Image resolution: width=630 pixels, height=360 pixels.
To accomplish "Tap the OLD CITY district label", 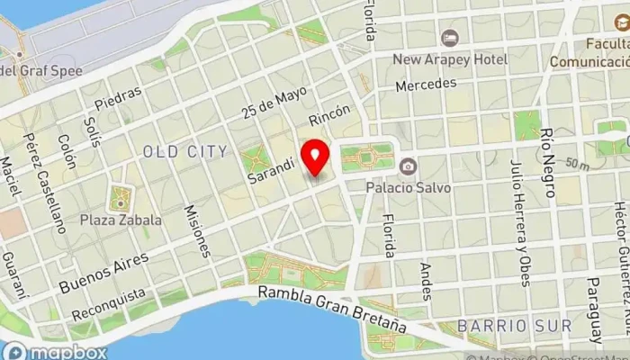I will click(184, 151).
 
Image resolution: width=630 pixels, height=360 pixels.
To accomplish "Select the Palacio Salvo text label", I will click(408, 187).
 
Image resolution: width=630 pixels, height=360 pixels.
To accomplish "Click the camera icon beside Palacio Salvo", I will click(408, 166).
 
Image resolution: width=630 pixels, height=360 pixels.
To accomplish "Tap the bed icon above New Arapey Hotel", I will click(449, 39).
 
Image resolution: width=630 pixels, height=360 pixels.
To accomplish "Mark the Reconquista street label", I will click(109, 305).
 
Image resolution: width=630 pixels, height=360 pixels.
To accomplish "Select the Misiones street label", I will click(196, 229).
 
